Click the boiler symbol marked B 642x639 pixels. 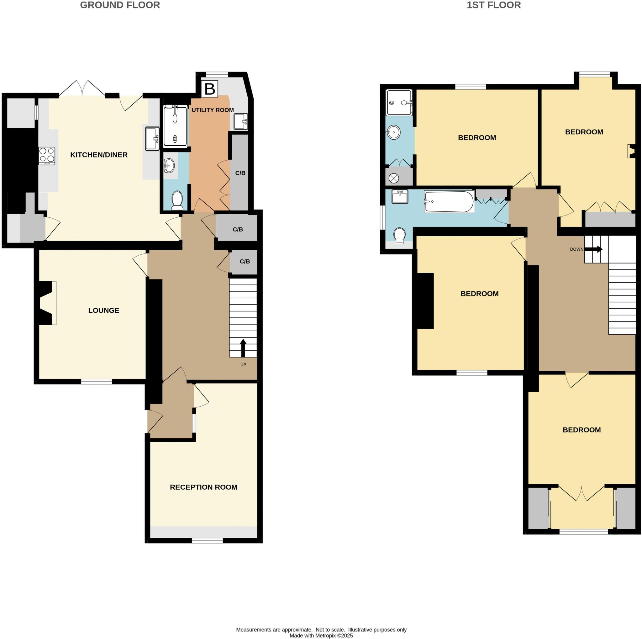pos(209,89)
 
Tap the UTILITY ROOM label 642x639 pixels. pos(212,110)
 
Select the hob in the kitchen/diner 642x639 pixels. pos(46,156)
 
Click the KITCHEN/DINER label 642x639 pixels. pos(99,155)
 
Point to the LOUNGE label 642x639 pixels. pos(104,311)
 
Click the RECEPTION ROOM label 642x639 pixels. pos(203,487)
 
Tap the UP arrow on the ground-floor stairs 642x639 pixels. pos(243,348)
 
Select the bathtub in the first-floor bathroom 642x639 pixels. pos(449,202)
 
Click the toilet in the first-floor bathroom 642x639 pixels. pos(399,235)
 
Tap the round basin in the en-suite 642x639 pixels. pos(393,132)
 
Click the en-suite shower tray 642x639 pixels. pos(399,102)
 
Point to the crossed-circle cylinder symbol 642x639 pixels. pos(393,178)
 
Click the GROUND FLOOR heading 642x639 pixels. pos(120,5)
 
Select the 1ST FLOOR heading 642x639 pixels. pos(493,5)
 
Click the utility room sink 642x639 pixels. pos(240,121)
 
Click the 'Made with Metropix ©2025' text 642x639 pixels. pos(321,636)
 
